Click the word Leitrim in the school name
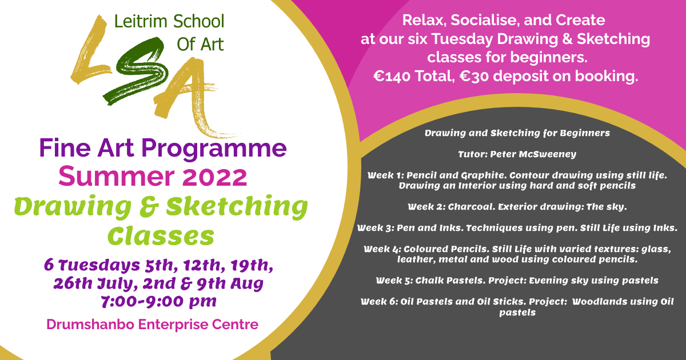[x=141, y=22]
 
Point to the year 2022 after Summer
[x=215, y=177]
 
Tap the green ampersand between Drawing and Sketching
[x=149, y=207]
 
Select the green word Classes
[x=161, y=237]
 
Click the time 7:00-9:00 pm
[x=159, y=302]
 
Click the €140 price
[x=392, y=76]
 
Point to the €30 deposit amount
[x=474, y=76]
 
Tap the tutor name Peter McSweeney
[x=533, y=154]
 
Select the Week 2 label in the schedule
[x=426, y=207]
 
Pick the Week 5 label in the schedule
[x=394, y=281]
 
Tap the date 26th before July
[x=73, y=283]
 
